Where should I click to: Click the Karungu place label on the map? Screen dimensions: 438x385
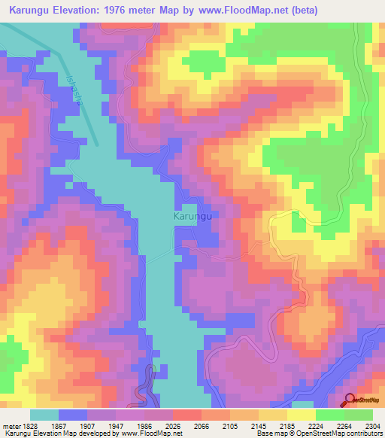pyautogui.click(x=195, y=216)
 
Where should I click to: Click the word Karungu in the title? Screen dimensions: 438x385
pyautogui.click(x=34, y=11)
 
